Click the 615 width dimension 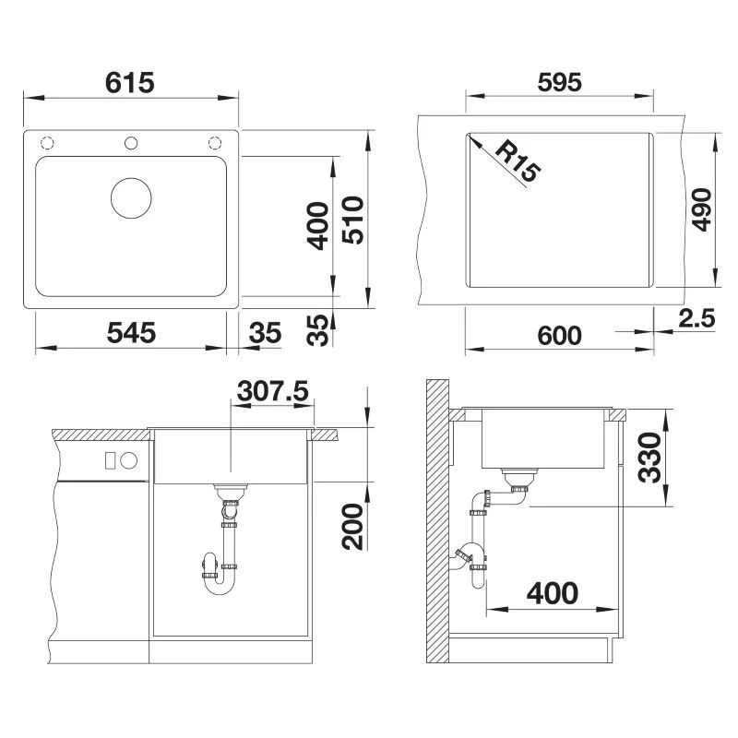click(x=129, y=83)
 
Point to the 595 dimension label click(x=559, y=82)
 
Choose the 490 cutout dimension click(x=701, y=210)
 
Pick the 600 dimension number click(x=559, y=335)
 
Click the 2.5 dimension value click(x=696, y=319)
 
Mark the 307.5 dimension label click(x=272, y=391)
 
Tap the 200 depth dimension click(x=352, y=527)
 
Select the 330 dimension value click(x=650, y=458)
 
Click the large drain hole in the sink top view click(x=131, y=196)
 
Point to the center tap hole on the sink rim click(x=131, y=143)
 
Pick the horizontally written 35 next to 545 click(x=266, y=333)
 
